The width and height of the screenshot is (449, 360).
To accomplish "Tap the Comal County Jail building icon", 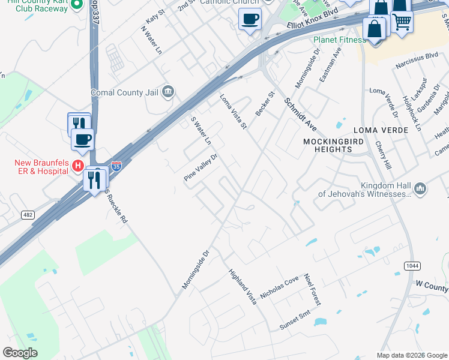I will [x=168, y=92].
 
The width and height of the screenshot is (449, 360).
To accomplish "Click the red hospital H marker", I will [x=77, y=164].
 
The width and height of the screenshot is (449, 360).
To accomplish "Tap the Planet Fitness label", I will [x=339, y=40].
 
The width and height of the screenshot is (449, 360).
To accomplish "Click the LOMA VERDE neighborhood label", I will [x=381, y=130].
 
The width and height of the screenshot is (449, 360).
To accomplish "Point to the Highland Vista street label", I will [x=242, y=287].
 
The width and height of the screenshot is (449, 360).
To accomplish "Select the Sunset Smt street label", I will [x=295, y=324].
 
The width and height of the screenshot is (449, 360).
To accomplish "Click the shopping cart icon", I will [x=402, y=22].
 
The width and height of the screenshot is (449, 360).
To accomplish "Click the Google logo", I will [x=20, y=353].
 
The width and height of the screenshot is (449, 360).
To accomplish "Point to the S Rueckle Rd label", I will [x=116, y=206].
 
